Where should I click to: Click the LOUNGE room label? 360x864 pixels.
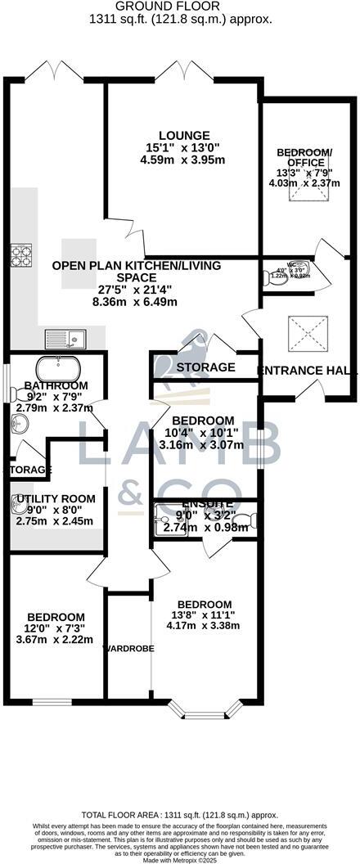pyautogui.click(x=184, y=136)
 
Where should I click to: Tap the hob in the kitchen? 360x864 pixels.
pyautogui.click(x=20, y=257)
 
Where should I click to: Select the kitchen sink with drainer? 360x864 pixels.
pyautogui.click(x=65, y=336)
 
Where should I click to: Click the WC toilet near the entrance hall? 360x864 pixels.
pyautogui.click(x=272, y=277)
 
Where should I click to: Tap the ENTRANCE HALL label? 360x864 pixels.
pyautogui.click(x=308, y=371)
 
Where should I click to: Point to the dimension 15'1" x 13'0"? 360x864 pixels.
pyautogui.click(x=184, y=148)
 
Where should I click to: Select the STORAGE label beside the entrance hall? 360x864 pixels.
pyautogui.click(x=206, y=367)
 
